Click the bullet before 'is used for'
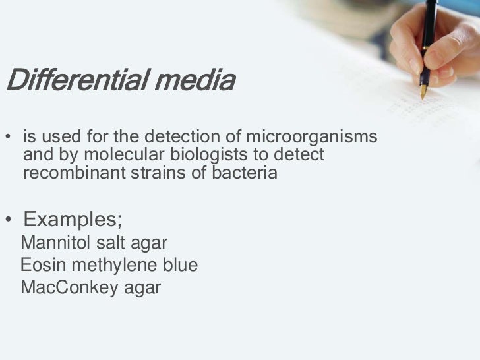click(9, 138)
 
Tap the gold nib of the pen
click(423, 91)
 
